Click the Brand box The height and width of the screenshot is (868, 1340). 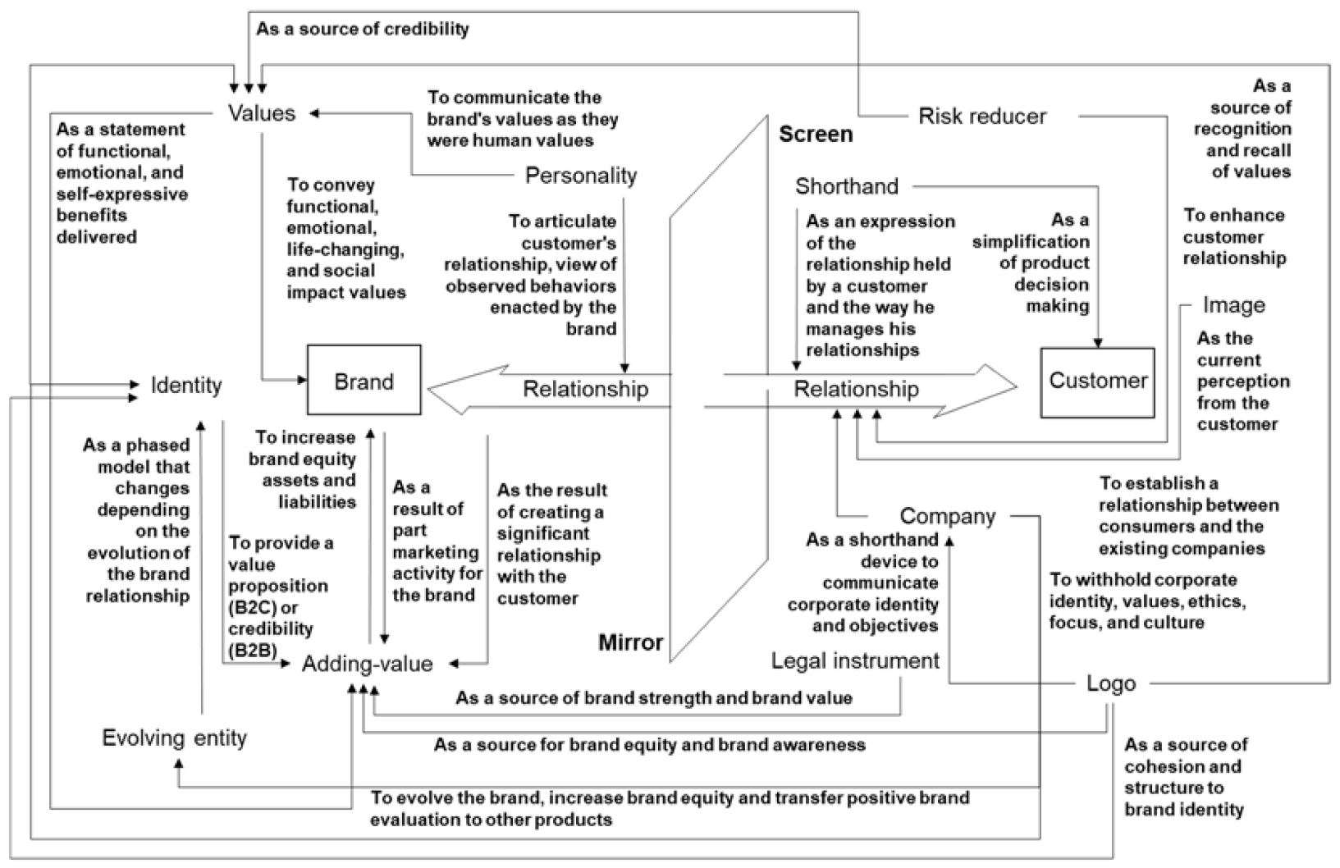point(364,381)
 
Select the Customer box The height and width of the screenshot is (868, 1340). point(1097,381)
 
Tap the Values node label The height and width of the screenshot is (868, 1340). point(261,113)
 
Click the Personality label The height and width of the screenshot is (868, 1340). point(580,176)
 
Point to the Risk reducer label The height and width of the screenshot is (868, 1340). point(981,116)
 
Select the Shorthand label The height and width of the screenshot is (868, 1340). point(846,186)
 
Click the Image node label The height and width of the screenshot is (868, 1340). point(1233,305)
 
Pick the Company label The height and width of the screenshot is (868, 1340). point(947,516)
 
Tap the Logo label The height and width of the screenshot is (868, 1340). point(1110,683)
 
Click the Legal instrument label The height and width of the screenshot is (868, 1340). point(855,660)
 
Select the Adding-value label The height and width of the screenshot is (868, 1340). point(367,664)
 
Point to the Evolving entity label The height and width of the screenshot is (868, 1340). point(174,738)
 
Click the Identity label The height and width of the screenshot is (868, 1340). point(185,385)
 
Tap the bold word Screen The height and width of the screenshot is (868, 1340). point(815,134)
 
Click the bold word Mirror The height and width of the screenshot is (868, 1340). point(630,642)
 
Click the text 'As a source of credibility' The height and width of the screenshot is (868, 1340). point(362,30)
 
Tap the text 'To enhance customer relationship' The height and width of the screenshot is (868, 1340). point(1233,236)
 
